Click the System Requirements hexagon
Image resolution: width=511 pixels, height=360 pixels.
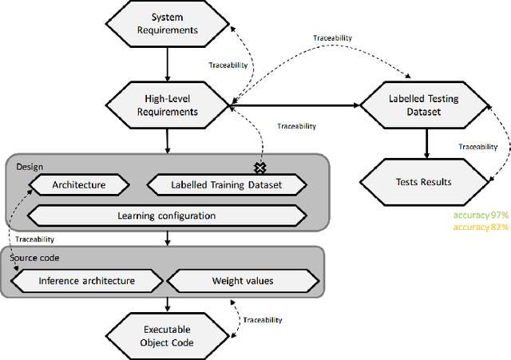166,24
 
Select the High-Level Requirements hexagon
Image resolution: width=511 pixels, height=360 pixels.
166,104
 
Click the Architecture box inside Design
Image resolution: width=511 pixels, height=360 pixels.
78,185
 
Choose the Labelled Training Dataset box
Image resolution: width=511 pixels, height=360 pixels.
227,185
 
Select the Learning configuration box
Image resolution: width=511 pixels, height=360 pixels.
166,215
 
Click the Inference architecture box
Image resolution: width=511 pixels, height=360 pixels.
87,280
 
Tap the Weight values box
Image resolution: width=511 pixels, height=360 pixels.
244,280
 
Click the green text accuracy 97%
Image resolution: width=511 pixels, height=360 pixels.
481,216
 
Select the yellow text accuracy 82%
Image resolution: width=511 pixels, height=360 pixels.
481,227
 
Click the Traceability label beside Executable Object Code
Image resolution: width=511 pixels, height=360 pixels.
263,319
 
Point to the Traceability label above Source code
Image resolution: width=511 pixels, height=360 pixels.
34,238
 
